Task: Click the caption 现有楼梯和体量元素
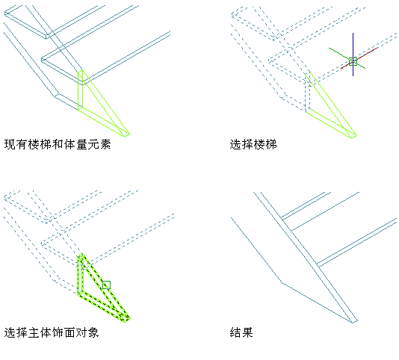(58, 144)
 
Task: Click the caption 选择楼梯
(253, 144)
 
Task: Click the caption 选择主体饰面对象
(52, 332)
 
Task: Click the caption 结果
(241, 332)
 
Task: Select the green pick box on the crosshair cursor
(353, 61)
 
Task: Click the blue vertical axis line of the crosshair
(353, 55)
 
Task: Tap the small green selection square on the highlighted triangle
(106, 285)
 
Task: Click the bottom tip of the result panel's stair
(353, 323)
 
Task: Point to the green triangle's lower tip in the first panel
(126, 136)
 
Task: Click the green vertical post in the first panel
(81, 90)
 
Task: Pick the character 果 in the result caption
(247, 332)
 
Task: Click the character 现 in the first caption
(10, 144)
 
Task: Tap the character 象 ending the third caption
(93, 332)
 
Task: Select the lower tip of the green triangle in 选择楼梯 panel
(353, 137)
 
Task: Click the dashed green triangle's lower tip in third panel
(126, 321)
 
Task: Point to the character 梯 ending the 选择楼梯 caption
(271, 144)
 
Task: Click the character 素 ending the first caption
(105, 144)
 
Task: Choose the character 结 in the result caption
(235, 332)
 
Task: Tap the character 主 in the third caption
(34, 332)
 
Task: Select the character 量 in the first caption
(81, 144)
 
